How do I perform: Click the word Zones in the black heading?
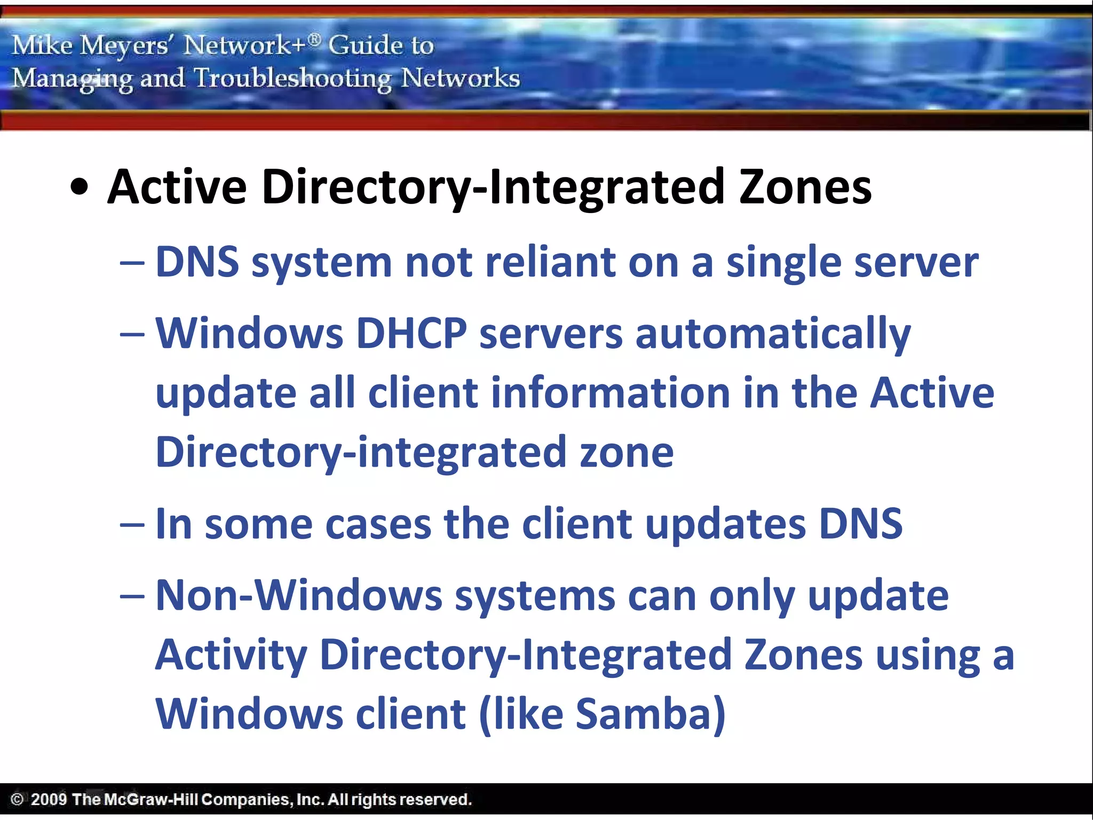pos(805,187)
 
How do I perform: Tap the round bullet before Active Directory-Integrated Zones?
pos(80,188)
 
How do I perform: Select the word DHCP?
pos(411,334)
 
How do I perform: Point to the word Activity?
pos(231,656)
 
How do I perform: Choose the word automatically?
pos(772,335)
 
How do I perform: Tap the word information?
pos(610,393)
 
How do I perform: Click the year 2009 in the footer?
pos(49,800)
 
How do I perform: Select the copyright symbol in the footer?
pos(17,800)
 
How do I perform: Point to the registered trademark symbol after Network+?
pos(315,38)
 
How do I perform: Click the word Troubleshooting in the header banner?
pos(292,79)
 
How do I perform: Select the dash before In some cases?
pos(132,525)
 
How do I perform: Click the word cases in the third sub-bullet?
pos(378,525)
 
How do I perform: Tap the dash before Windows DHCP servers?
pos(132,335)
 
